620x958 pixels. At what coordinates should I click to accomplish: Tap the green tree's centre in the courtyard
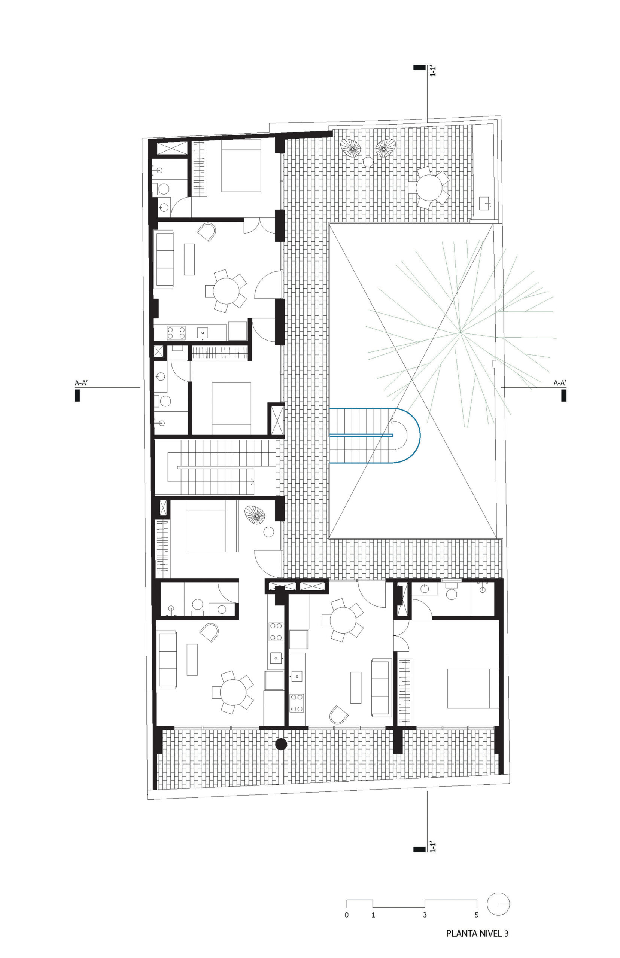click(460, 332)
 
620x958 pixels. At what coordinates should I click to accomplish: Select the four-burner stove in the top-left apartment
click(176, 333)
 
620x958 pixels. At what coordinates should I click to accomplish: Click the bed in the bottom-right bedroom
click(474, 688)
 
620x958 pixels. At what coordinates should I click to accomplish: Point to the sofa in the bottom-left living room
click(167, 660)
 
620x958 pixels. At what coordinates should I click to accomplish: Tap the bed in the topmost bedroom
click(241, 165)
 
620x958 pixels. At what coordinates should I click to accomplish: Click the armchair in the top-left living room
click(207, 232)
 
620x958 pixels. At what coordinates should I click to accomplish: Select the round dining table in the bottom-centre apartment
click(343, 620)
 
